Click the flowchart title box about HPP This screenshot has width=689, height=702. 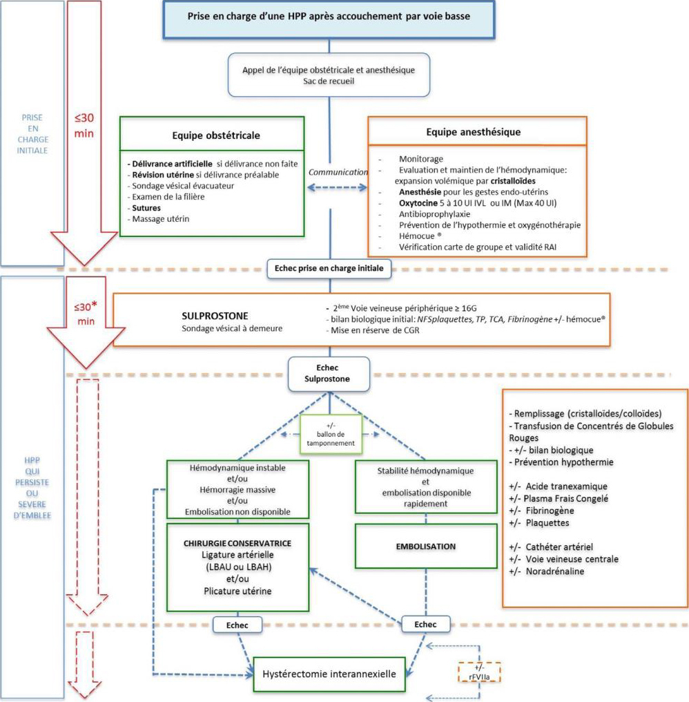330,16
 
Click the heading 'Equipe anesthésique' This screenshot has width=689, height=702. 476,132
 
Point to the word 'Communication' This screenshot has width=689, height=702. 338,171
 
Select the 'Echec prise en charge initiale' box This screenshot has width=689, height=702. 329,267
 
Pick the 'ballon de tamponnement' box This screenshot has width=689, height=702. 330,434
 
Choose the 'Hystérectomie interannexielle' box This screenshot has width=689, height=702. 327,670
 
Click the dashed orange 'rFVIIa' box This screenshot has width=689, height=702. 478,672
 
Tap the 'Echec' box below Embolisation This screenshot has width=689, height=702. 425,624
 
